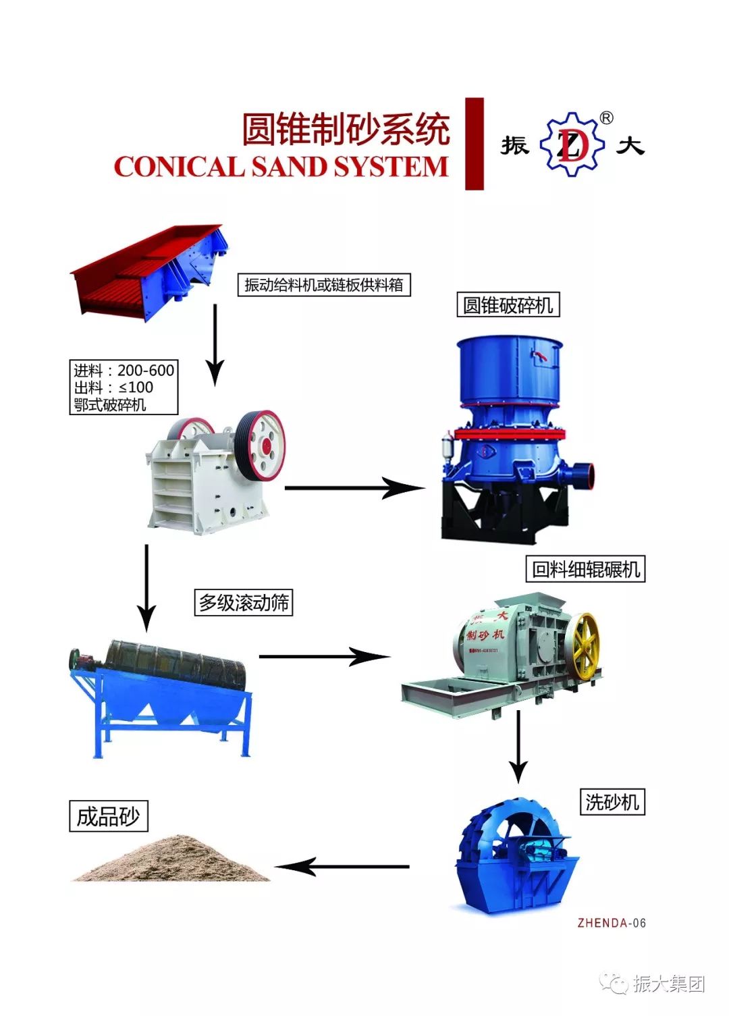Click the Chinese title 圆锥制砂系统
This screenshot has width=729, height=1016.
[346, 129]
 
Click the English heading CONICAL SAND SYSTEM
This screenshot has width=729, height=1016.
[281, 167]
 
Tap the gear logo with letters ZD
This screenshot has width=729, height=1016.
[572, 144]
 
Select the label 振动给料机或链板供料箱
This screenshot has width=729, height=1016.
[323, 285]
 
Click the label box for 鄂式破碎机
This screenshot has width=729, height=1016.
[124, 387]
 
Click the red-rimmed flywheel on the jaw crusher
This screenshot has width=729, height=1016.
[260, 446]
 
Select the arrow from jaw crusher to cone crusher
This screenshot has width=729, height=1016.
[354, 487]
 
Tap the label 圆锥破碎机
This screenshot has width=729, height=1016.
[508, 305]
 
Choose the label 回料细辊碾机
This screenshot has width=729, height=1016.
[585, 569]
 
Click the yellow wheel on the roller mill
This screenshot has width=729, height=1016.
[582, 645]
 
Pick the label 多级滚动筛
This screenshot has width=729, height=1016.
[244, 602]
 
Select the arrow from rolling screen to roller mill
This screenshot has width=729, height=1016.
[324, 656]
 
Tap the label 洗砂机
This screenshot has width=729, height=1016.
[612, 801]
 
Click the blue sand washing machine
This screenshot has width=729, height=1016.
[516, 857]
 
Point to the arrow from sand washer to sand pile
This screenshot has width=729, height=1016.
[342, 866]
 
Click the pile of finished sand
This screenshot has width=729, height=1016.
[172, 860]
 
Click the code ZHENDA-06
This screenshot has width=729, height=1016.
[612, 923]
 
